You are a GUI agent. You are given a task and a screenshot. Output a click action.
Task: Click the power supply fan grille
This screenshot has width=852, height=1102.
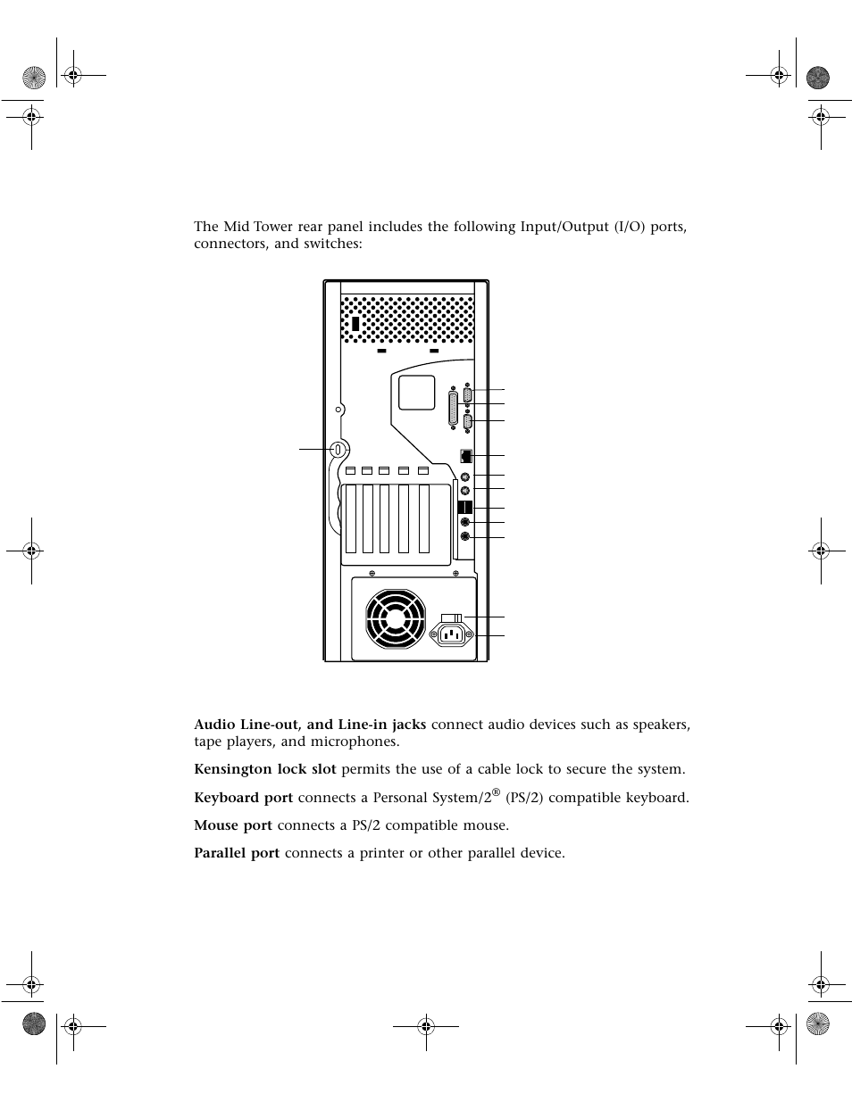pos(396,619)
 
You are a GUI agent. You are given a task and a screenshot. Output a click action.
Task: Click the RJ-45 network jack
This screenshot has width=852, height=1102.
pos(465,456)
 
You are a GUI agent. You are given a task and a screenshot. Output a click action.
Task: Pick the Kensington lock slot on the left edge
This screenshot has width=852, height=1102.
pos(337,449)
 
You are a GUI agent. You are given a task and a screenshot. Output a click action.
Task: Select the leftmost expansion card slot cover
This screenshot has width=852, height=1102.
pos(351,518)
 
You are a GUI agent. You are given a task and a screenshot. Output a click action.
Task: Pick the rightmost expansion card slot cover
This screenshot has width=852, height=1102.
pos(424,518)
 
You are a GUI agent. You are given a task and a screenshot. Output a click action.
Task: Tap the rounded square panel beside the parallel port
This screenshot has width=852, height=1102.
pos(416,392)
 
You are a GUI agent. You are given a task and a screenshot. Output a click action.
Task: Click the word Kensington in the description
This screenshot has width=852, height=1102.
pos(230,769)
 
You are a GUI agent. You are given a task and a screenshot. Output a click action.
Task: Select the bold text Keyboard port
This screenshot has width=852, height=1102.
pos(243,798)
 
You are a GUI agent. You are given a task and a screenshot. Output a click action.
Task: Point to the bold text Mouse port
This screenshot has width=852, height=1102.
pos(233,825)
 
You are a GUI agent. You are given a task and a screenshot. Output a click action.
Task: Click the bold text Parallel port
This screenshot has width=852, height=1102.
pos(237,853)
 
